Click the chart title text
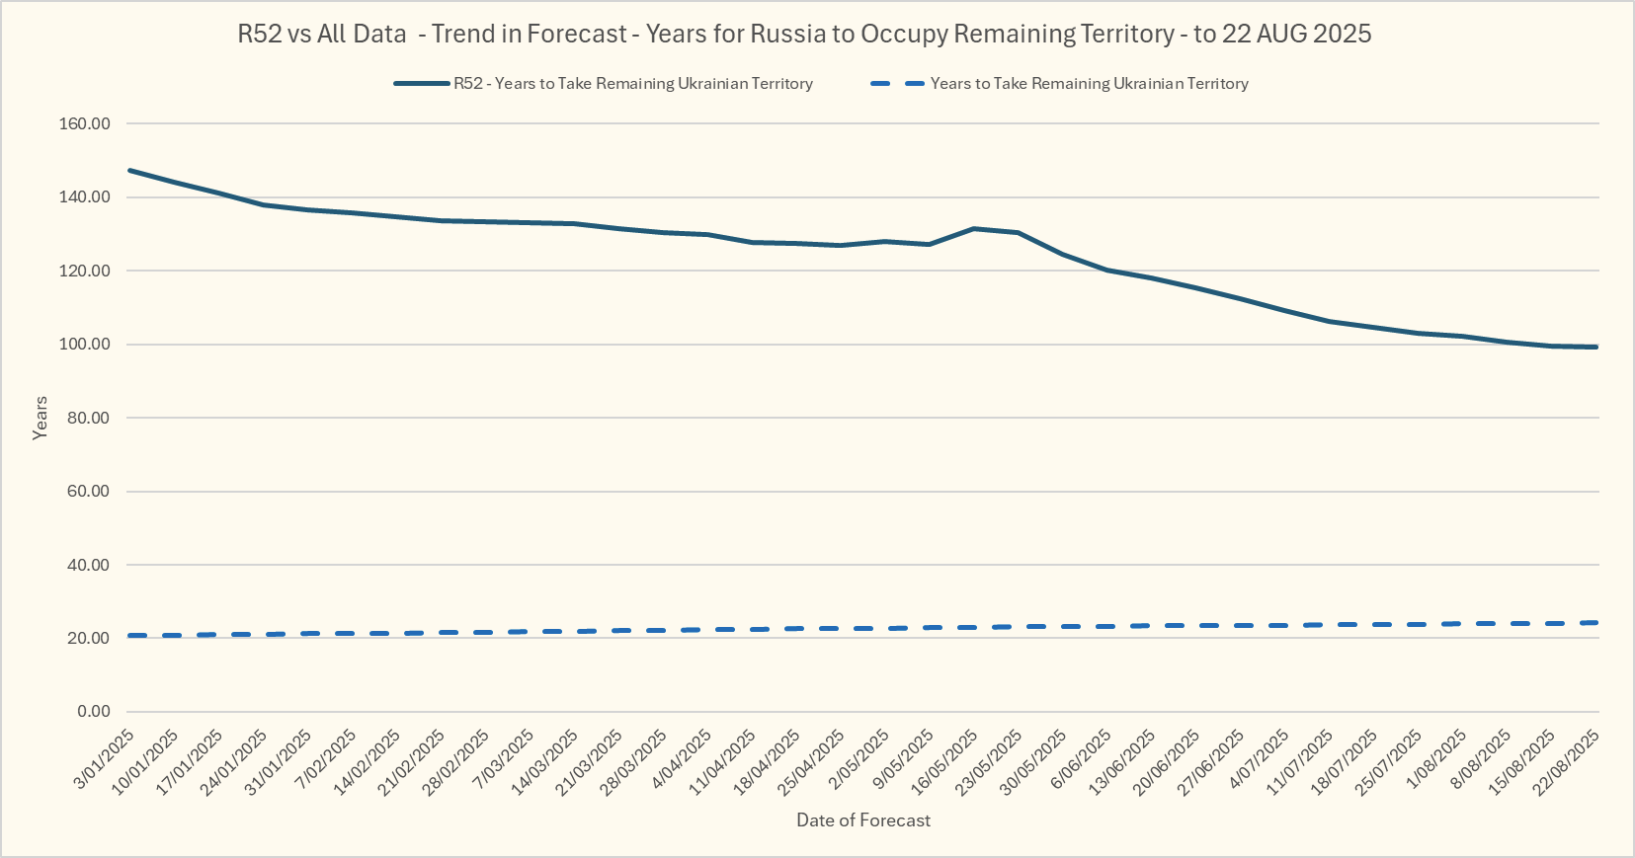pos(804,34)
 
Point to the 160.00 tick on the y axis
pos(85,124)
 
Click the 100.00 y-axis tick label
pos(85,345)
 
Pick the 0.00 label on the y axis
pos(93,712)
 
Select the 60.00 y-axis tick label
pos(89,492)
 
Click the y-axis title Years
pos(40,418)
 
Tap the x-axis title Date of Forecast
pos(863,820)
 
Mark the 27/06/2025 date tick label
pos(1212,761)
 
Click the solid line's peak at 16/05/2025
pos(974,229)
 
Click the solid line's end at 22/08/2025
pos(1595,347)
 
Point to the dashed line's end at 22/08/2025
pos(1595,622)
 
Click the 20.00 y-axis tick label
pos(89,639)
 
